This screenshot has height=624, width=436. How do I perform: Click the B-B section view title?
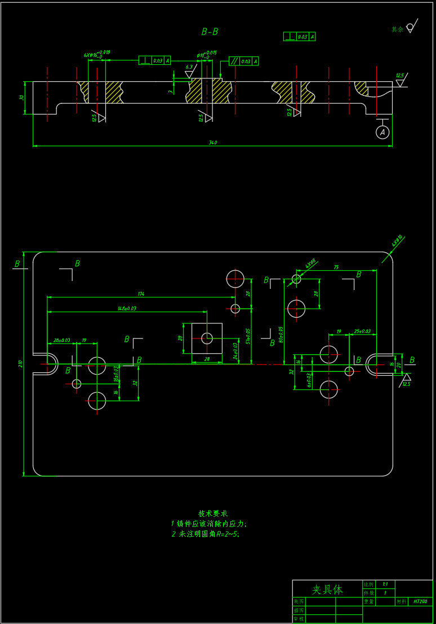tap(210, 32)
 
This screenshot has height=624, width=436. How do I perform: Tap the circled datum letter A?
tap(382, 132)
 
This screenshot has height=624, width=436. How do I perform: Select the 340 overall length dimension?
tap(212, 143)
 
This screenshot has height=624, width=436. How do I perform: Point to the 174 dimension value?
tap(140, 294)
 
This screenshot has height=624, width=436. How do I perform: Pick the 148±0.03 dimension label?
tap(127, 309)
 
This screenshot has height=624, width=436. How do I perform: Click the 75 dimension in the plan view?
tap(336, 267)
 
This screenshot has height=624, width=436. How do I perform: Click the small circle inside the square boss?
tap(207, 338)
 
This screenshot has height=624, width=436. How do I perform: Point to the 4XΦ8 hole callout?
tap(310, 263)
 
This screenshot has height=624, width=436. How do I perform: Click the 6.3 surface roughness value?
tap(189, 67)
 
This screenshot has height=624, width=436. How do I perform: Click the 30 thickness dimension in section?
tap(22, 98)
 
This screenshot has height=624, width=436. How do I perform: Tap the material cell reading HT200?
tap(420, 602)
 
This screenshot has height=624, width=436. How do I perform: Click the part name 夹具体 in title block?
tap(327, 590)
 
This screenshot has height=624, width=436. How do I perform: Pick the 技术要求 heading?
tap(212, 513)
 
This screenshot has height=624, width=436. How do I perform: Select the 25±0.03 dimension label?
tap(362, 331)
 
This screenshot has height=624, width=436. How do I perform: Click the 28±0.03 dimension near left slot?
tap(61, 340)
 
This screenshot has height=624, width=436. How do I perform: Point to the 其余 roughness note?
tap(398, 29)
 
